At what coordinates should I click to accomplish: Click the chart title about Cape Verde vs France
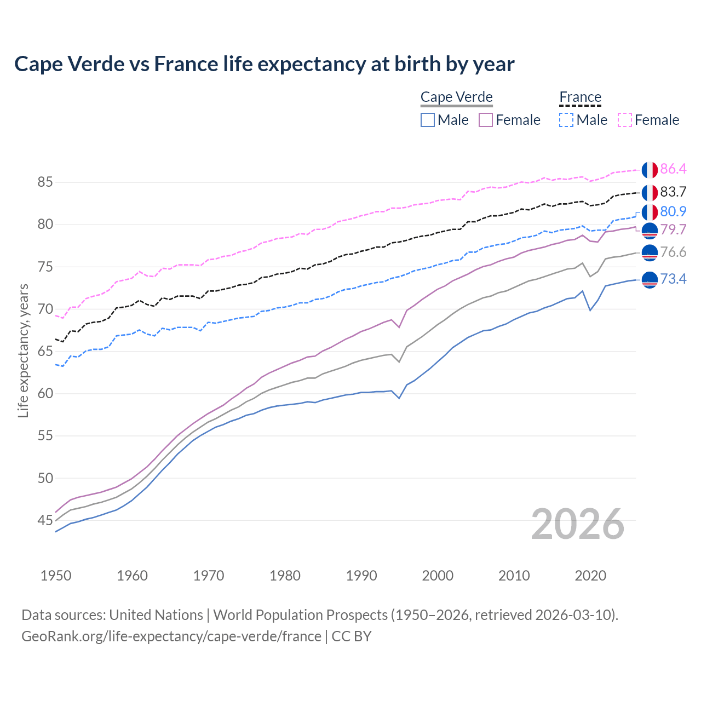click(264, 64)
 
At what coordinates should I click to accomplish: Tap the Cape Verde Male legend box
click(428, 120)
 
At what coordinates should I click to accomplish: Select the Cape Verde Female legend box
click(486, 120)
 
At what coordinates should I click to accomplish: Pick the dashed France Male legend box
click(566, 120)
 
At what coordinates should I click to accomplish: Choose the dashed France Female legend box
click(625, 120)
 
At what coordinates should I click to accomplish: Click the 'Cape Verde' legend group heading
click(456, 97)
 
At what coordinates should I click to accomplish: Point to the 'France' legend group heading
click(580, 97)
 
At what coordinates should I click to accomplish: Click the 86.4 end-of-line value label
click(673, 169)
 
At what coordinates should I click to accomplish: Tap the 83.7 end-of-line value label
click(673, 192)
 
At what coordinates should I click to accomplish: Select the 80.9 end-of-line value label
click(673, 211)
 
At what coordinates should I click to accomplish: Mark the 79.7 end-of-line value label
click(673, 229)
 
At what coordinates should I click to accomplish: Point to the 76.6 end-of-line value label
click(673, 252)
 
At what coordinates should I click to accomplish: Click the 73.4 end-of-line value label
click(673, 279)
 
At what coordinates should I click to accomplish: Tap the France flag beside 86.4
click(650, 170)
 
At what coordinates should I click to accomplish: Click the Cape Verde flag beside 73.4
click(650, 279)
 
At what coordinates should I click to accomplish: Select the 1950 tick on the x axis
click(56, 576)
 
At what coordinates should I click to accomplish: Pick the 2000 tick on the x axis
click(438, 576)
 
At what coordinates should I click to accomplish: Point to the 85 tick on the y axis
click(45, 182)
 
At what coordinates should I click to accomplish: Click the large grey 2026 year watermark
click(577, 524)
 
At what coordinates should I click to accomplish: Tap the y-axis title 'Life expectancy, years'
click(24, 350)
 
